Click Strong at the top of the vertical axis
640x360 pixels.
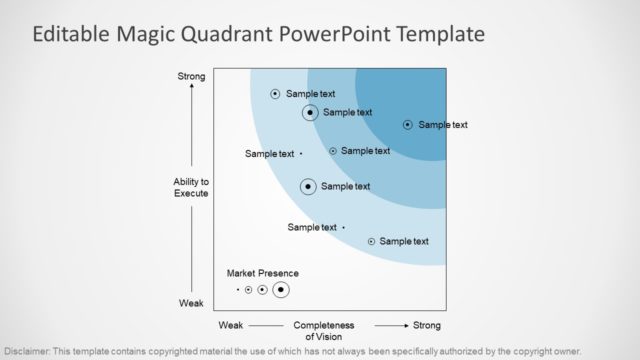pos(191,77)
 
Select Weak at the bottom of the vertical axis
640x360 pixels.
pos(191,303)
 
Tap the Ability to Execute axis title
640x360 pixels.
pos(191,187)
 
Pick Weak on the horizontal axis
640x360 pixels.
pos(231,326)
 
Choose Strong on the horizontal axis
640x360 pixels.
pos(426,326)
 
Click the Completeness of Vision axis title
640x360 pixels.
pos(323,331)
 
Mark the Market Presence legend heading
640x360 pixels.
pos(262,273)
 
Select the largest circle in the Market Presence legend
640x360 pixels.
pos(281,289)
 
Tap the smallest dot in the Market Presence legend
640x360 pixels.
pos(238,290)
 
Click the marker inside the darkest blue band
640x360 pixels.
pos(407,125)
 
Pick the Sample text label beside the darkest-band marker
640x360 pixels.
pos(443,125)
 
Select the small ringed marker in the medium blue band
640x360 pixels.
pos(333,151)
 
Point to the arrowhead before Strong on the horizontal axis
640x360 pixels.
pos(404,326)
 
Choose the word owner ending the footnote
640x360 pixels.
pos(566,352)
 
